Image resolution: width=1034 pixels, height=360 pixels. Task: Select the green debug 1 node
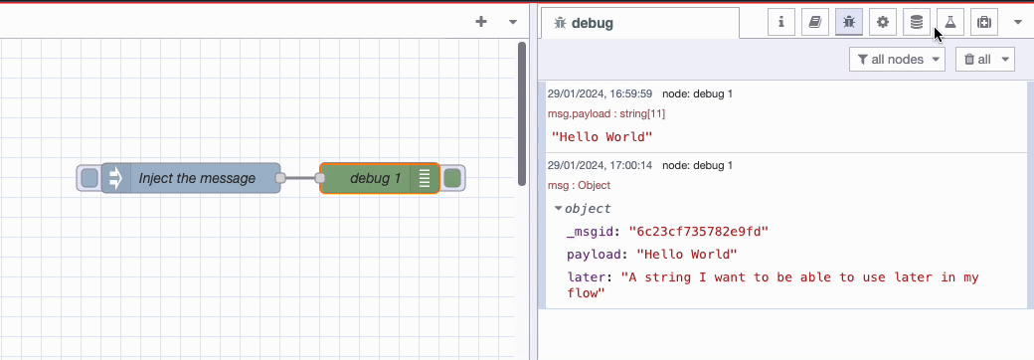click(379, 178)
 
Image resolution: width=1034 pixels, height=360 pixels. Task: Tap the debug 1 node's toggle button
click(452, 178)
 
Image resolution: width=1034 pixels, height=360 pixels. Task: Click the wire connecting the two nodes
click(300, 178)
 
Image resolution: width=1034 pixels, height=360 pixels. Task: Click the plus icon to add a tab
click(481, 22)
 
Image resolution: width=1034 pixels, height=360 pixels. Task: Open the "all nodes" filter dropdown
click(897, 60)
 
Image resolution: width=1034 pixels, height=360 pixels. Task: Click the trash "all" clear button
click(984, 60)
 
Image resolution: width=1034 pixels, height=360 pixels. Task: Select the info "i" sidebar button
click(781, 23)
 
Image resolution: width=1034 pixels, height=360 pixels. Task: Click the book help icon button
click(815, 23)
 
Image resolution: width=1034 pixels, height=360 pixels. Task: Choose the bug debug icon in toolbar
click(849, 23)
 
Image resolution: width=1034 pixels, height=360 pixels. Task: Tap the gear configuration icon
click(882, 23)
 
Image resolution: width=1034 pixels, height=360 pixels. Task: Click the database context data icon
click(916, 23)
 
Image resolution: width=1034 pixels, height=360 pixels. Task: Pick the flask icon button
click(950, 23)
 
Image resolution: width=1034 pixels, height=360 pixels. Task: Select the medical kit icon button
click(984, 23)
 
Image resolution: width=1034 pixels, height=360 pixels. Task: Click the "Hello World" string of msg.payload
click(602, 137)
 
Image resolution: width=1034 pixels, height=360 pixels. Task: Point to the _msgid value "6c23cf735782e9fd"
click(698, 232)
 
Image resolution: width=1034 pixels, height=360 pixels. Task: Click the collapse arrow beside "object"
click(559, 209)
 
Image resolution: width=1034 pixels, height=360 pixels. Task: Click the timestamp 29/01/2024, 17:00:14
click(600, 165)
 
